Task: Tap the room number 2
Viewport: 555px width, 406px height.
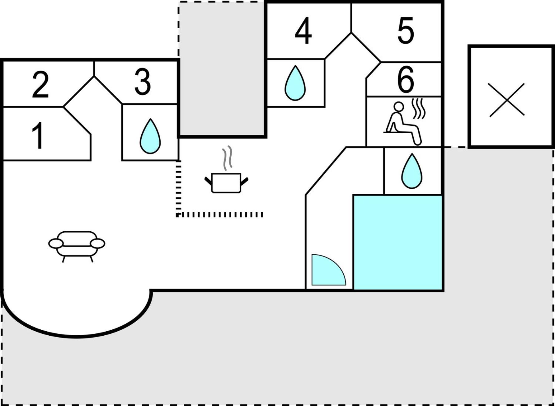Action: click(x=40, y=84)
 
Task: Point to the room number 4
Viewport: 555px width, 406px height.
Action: click(x=303, y=31)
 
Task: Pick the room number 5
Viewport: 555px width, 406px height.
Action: click(x=406, y=30)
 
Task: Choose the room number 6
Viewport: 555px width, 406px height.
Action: click(x=406, y=79)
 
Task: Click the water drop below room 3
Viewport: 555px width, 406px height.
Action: click(x=150, y=136)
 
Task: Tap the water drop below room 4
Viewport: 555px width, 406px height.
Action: click(x=295, y=83)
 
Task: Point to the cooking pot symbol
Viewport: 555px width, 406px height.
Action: click(x=226, y=183)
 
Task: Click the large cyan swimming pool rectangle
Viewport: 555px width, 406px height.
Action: click(x=398, y=243)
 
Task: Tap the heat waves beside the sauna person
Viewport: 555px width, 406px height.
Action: click(x=419, y=109)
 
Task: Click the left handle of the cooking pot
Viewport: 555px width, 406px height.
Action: click(x=208, y=181)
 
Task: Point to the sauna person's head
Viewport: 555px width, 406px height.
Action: click(x=399, y=106)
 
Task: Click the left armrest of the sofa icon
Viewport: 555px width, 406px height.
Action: click(x=56, y=243)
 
